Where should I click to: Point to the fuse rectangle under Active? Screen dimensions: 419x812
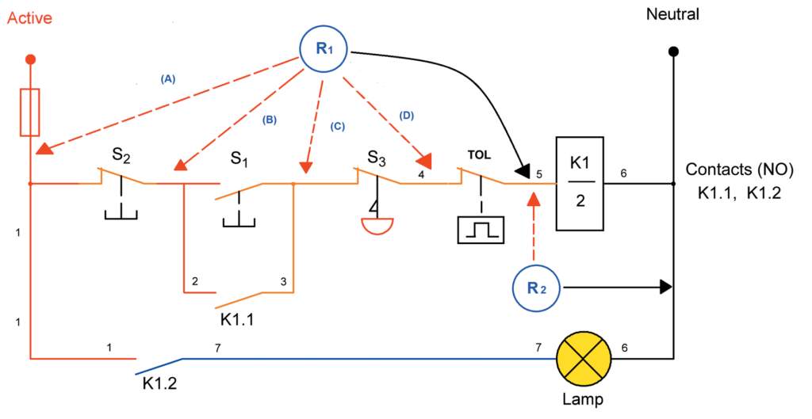30,113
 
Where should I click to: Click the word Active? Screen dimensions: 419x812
30,18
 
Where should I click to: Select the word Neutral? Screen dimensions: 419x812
673,14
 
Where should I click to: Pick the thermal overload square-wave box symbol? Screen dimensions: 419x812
481,230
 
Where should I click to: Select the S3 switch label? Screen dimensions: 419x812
377,155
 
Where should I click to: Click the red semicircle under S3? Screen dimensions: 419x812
377,227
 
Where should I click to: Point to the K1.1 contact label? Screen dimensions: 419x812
241,321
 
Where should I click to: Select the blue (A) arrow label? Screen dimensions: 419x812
167,79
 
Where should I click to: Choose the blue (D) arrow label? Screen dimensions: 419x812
407,116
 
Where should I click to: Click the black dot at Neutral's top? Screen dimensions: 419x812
673,51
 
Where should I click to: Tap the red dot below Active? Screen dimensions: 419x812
30,59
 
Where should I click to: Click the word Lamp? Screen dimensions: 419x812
587,401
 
